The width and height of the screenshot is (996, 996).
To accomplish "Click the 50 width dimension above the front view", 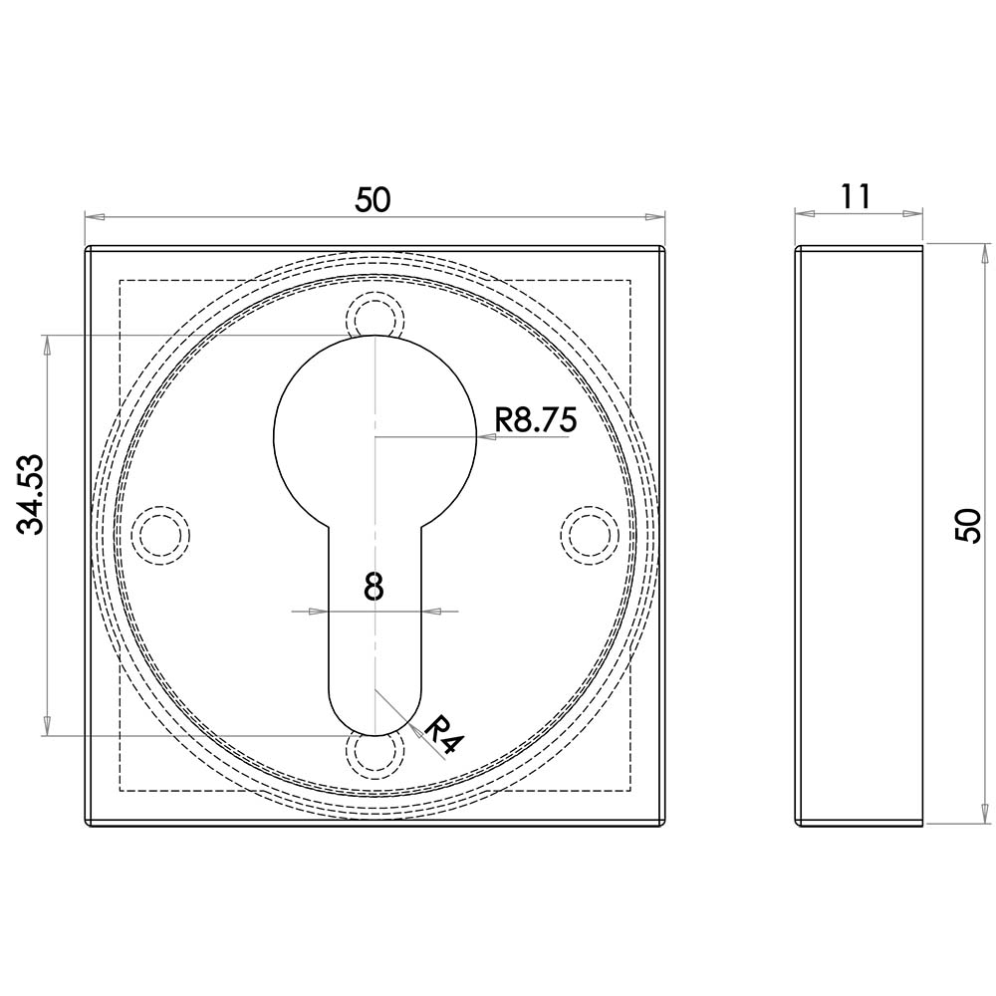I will point(373,199).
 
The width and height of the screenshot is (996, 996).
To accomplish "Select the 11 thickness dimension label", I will point(855,195).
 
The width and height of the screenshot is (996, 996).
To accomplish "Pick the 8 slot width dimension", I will point(373,587).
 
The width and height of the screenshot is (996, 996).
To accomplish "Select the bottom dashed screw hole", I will point(374,754).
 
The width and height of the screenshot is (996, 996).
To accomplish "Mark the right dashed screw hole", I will point(589,535).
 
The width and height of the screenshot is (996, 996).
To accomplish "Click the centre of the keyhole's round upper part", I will point(374,435).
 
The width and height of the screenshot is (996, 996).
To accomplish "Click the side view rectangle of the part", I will point(859,535).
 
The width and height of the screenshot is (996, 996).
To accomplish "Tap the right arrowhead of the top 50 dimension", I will point(654,216).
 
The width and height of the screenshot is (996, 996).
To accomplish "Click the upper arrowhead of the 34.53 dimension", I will point(45,345).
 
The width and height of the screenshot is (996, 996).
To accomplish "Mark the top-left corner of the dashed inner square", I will point(120,281).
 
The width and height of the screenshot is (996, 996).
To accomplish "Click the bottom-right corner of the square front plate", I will point(663,826).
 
